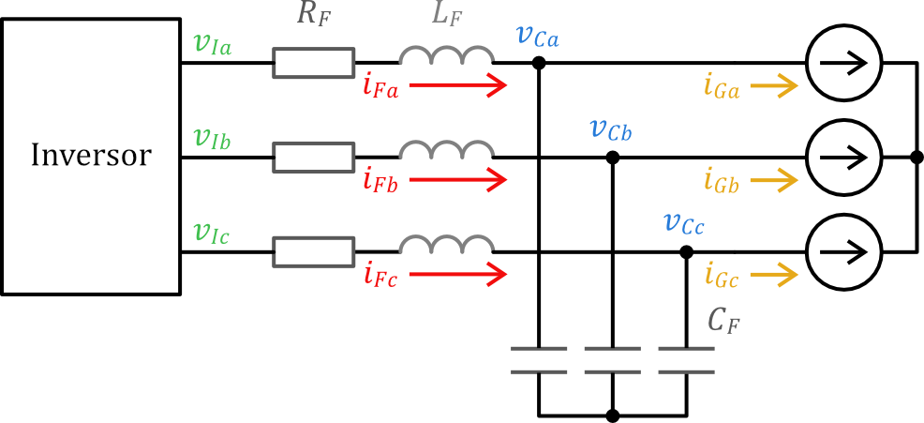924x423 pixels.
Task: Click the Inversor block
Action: coord(90,156)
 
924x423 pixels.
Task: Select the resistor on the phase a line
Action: coord(313,63)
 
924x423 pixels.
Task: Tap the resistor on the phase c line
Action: coord(313,251)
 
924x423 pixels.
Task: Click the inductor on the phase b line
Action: coord(446,150)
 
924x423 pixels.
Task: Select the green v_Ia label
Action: coord(215,43)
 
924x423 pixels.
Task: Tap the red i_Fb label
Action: coord(380,181)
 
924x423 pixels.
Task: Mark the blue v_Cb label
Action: coord(610,129)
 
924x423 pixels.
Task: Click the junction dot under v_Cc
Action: coord(686,251)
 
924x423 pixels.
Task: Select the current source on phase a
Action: coord(843,63)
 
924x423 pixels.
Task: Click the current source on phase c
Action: coord(843,251)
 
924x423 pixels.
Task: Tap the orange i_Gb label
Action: coord(722,181)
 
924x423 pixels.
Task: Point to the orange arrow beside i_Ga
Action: coord(773,87)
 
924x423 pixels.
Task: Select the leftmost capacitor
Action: coord(539,359)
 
